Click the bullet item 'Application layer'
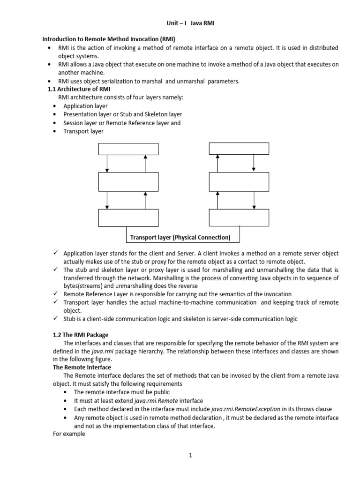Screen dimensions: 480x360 click(85, 106)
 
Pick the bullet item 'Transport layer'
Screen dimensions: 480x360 click(83, 131)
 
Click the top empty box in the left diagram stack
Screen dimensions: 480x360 click(128, 149)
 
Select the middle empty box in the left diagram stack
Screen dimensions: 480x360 click(128, 181)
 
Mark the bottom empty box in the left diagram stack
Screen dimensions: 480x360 click(128, 217)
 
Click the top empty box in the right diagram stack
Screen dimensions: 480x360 click(239, 149)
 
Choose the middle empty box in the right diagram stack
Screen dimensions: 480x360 click(239, 181)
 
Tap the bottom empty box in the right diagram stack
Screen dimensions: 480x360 click(239, 217)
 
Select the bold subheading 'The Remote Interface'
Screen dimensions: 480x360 click(82, 367)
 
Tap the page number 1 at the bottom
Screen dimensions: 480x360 click(191, 455)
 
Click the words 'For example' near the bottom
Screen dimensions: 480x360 click(68, 434)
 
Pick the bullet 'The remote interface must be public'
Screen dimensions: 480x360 click(122, 392)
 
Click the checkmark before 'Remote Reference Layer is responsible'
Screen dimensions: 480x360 click(55, 294)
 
